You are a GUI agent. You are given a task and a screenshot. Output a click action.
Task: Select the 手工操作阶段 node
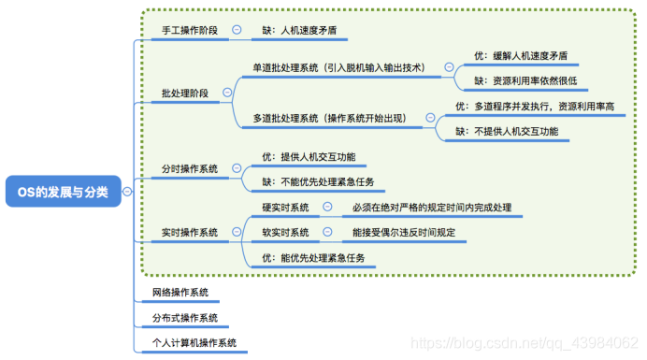click(x=189, y=30)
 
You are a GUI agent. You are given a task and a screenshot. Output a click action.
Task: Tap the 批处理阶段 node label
click(x=184, y=94)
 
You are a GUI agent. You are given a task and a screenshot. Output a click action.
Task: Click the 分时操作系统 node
click(x=189, y=169)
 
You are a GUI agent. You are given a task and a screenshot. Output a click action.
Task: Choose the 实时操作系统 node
click(x=189, y=232)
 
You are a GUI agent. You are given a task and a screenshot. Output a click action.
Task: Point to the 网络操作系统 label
click(x=180, y=293)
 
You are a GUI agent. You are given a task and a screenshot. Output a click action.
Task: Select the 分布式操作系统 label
click(x=184, y=318)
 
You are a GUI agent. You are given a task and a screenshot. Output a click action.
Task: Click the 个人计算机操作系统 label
click(x=194, y=343)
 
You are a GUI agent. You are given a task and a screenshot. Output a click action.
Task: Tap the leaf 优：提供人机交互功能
click(x=309, y=156)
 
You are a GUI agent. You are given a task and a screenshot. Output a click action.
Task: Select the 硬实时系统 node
click(x=285, y=207)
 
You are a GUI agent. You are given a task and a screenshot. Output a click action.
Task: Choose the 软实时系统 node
click(x=285, y=232)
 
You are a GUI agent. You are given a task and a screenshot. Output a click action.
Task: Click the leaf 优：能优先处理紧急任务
click(x=313, y=257)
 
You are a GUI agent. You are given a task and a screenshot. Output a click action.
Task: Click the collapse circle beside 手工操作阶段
click(x=237, y=30)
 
